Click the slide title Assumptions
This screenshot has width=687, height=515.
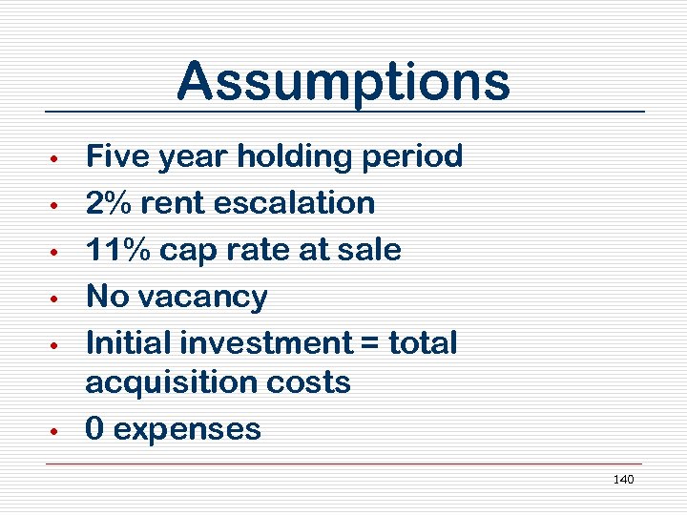[x=343, y=81]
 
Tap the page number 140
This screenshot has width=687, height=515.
[x=623, y=479]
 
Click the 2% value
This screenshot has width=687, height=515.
[x=108, y=202]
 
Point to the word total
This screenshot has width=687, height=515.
[x=425, y=342]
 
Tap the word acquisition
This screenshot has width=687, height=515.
[x=169, y=382]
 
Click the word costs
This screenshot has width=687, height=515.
[x=306, y=382]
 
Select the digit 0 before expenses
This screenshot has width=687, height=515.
[x=94, y=429]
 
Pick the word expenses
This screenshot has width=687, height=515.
[x=187, y=430]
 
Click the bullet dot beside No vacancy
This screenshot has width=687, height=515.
[x=56, y=298]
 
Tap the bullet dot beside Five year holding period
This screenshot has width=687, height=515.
[x=56, y=156]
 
